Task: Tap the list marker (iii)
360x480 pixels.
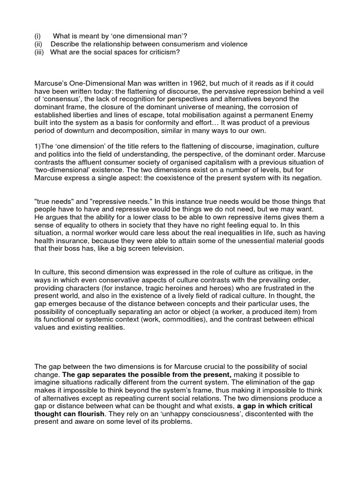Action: [39, 52]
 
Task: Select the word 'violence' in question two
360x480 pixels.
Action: [233, 44]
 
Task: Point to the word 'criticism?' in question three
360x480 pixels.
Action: [163, 52]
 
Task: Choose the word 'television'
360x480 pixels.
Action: [164, 249]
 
